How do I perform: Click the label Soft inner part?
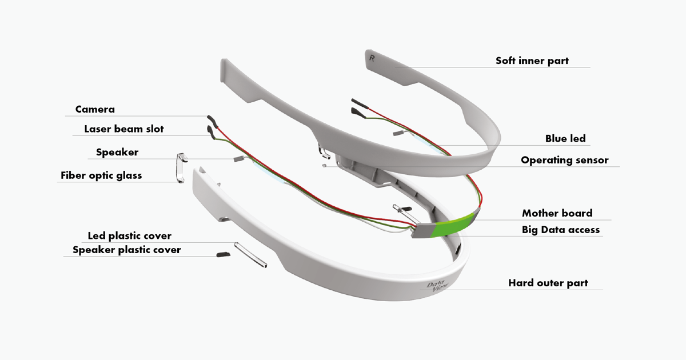pyautogui.click(x=532, y=61)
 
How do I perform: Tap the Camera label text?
pyautogui.click(x=95, y=109)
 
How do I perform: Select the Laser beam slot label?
pyautogui.click(x=123, y=129)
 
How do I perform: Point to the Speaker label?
pyautogui.click(x=117, y=153)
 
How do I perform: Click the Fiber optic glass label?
pyautogui.click(x=101, y=175)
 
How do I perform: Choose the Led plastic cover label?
pyautogui.click(x=129, y=235)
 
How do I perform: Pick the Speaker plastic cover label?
pyautogui.click(x=126, y=250)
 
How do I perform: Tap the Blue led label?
pyautogui.click(x=565, y=139)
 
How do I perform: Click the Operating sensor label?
pyautogui.click(x=564, y=160)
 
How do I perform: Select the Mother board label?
pyautogui.click(x=557, y=213)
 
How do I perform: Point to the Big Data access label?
pyautogui.click(x=560, y=230)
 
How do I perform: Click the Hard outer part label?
pyautogui.click(x=548, y=283)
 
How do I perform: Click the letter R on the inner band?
pyautogui.click(x=373, y=59)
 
